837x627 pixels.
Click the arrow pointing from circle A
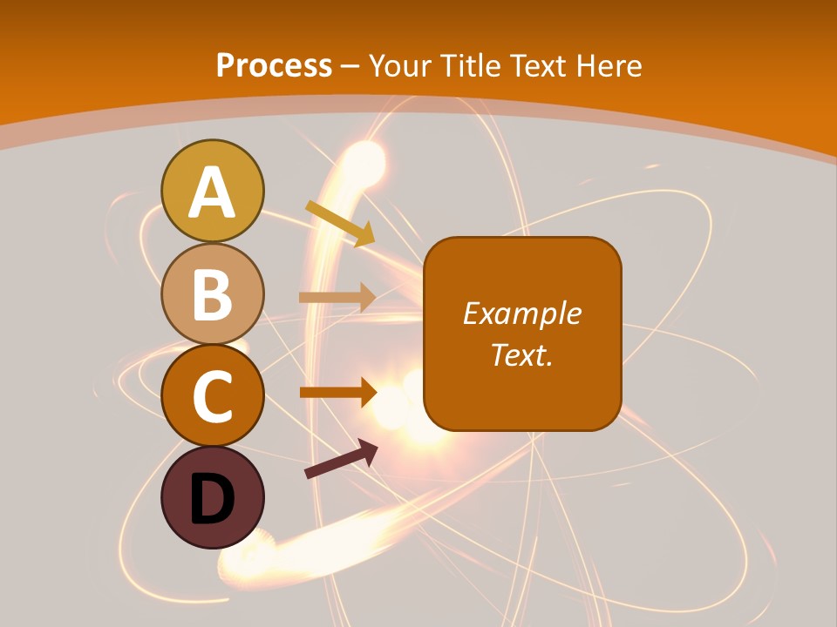coord(339,223)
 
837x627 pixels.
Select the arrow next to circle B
coord(337,298)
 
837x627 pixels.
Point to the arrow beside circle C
coord(337,393)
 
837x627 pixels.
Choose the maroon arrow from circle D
coord(341,459)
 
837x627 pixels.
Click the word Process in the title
coord(274,65)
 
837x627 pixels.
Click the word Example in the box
coord(521,313)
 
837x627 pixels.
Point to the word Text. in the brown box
coord(521,354)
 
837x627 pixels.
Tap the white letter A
coord(213,192)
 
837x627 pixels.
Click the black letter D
coord(213,500)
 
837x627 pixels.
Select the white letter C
coord(213,398)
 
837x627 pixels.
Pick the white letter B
coord(213,295)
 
